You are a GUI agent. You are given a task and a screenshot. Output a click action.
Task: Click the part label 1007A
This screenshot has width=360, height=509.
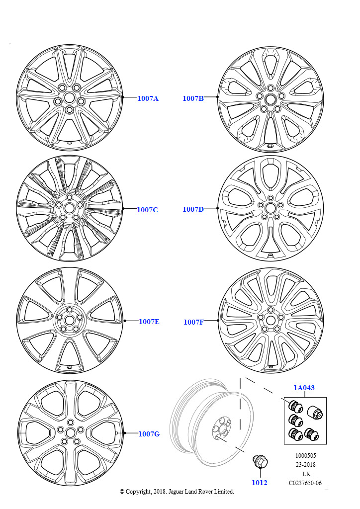[x=148, y=98]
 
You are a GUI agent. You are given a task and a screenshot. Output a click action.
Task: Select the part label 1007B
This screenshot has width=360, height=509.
[x=193, y=98]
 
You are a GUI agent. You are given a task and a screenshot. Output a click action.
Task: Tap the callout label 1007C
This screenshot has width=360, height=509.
[x=147, y=210]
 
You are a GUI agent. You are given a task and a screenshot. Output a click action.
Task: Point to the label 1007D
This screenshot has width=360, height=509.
[x=193, y=209]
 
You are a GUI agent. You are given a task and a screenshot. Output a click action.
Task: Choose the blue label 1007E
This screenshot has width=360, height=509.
[x=149, y=322]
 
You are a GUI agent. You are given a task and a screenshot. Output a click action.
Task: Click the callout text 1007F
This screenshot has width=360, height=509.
[x=193, y=322]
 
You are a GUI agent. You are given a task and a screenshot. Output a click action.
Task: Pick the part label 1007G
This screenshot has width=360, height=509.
[x=149, y=434]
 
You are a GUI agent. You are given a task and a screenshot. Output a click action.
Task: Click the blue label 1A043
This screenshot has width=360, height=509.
[x=304, y=388]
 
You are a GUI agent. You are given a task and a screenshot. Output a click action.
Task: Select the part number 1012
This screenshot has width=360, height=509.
[x=260, y=483]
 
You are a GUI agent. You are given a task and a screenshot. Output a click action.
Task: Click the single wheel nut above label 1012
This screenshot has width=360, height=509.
[x=260, y=462]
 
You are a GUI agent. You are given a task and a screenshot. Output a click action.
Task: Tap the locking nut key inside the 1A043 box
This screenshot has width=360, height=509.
[x=315, y=412]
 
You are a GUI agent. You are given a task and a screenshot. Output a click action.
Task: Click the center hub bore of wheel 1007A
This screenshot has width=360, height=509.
[x=69, y=97]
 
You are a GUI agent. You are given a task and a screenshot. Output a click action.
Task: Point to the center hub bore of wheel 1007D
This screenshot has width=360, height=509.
[x=270, y=208]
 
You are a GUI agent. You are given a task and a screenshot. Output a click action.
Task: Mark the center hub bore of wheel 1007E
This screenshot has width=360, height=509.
[x=69, y=321]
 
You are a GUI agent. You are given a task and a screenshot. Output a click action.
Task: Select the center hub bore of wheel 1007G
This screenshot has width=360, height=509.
[x=70, y=433]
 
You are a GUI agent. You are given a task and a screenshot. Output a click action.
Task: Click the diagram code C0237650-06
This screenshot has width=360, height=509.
[x=305, y=483]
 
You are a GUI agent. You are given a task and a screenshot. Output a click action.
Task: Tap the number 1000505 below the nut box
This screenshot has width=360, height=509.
[x=305, y=456]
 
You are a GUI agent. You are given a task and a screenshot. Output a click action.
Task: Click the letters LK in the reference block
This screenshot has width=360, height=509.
[x=306, y=474]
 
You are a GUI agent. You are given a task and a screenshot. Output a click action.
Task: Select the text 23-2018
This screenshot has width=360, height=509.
[x=305, y=465]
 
